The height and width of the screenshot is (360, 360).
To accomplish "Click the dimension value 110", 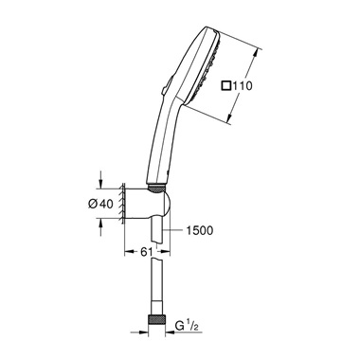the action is tap(243, 86).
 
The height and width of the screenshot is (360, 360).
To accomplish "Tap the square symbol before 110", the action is tap(226, 86).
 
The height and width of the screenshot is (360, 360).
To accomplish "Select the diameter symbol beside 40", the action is tap(93, 205).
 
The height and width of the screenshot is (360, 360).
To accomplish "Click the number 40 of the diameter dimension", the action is tap(106, 205).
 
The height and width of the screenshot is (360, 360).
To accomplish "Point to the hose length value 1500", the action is tap(199, 230).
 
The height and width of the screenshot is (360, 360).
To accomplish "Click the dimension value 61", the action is tap(146, 252).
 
